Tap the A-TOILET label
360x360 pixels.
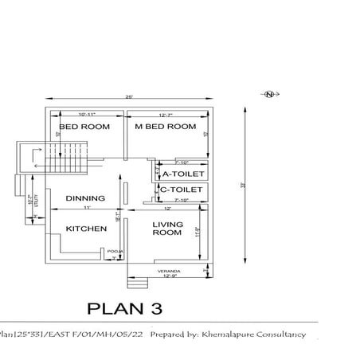coord(183,174)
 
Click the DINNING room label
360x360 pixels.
coord(85,198)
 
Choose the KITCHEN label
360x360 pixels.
coord(86,229)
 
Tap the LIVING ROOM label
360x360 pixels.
coord(168,229)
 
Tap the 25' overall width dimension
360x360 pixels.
coord(129,98)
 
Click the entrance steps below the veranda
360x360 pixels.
coord(138,283)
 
